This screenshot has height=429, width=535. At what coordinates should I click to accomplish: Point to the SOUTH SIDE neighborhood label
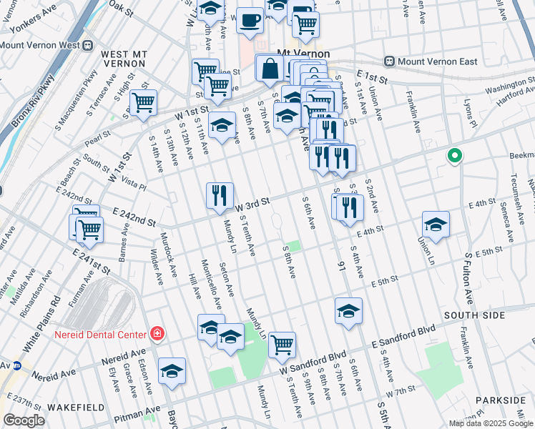[468, 315]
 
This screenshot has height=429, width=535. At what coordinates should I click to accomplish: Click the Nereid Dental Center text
[99, 334]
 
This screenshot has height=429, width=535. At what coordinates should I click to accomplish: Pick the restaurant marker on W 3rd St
[220, 195]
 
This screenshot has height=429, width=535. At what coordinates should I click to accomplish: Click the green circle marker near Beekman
[453, 155]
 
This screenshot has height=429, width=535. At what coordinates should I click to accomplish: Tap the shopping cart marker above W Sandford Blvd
[283, 345]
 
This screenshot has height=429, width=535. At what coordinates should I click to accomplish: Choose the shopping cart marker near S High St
[143, 102]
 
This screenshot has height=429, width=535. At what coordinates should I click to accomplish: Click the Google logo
[24, 420]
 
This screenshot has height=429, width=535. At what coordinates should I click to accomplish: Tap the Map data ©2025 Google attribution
[489, 423]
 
